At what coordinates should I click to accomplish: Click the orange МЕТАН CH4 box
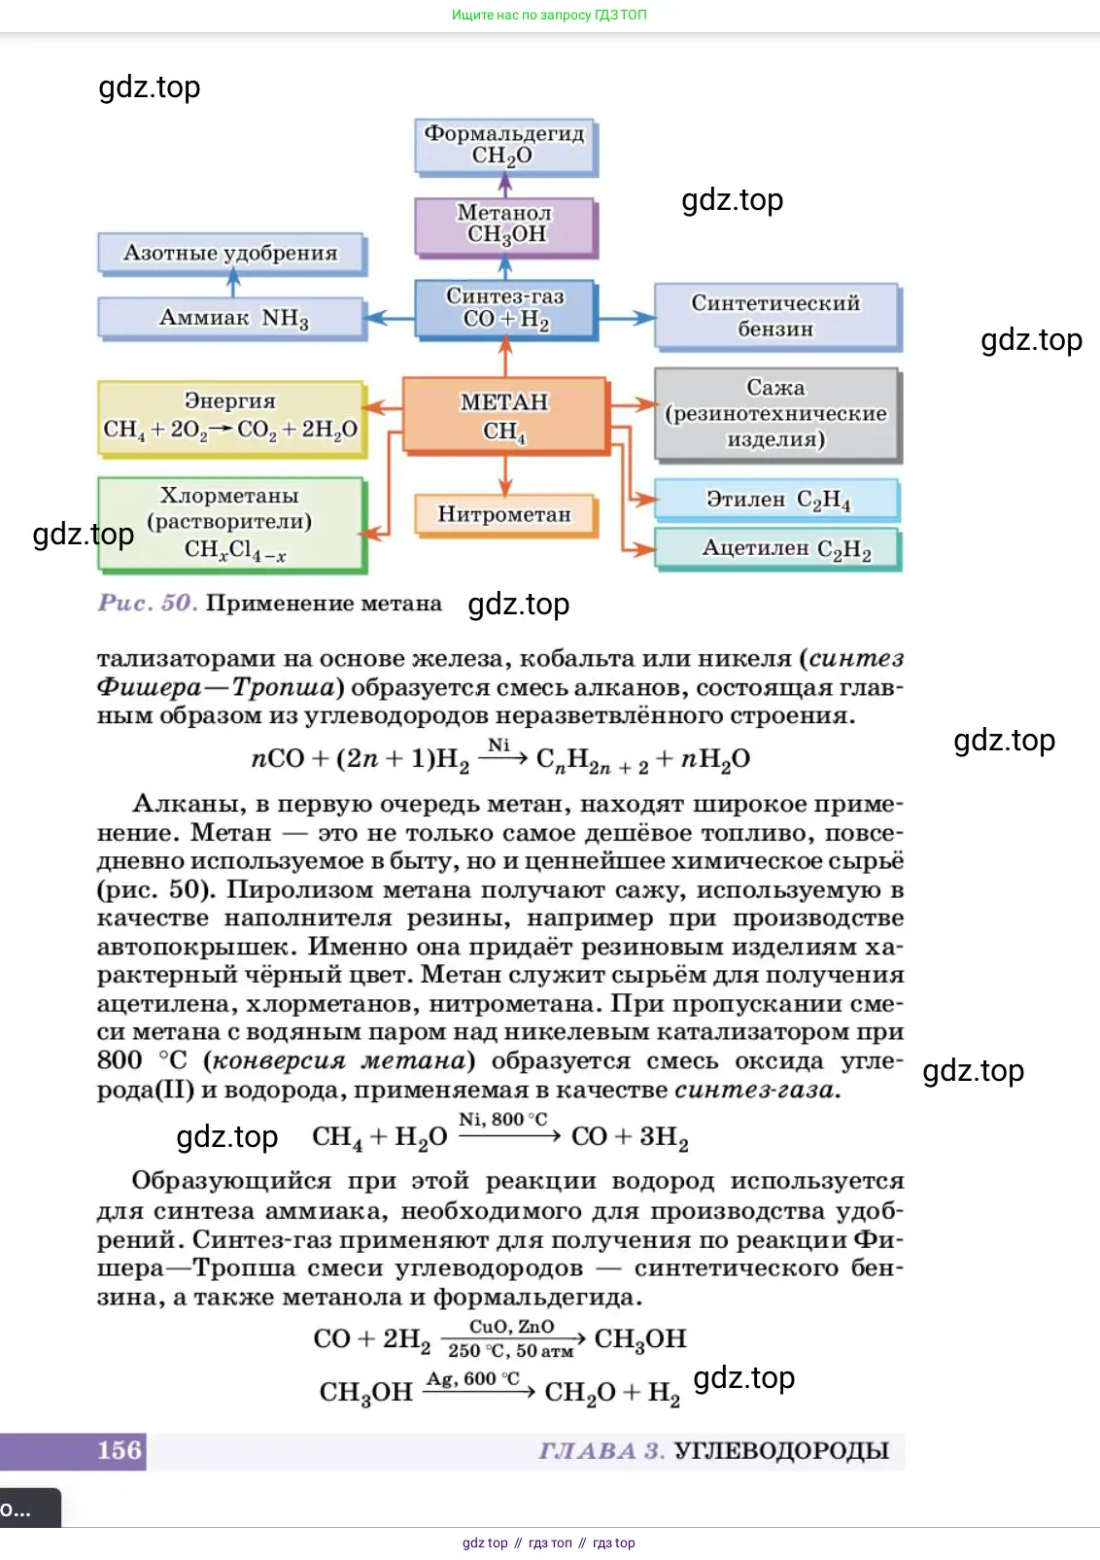coord(505,415)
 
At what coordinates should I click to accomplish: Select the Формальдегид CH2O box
coord(505,145)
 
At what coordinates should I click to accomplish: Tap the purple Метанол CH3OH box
coord(505,225)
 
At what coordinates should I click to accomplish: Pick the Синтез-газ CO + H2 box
coord(505,308)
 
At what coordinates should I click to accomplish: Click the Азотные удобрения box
coord(231,253)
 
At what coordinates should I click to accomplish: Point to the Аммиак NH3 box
coord(232,318)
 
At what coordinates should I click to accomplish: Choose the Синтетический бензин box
coord(775,315)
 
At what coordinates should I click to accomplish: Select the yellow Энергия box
coord(231,417)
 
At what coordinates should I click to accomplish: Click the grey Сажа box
coord(775,413)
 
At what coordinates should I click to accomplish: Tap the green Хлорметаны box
coord(230,522)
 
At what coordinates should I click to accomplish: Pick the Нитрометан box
coord(504,514)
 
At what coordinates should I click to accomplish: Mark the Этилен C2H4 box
coord(776,500)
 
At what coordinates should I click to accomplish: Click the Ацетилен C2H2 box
coord(776,548)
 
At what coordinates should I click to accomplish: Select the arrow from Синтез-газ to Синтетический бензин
coord(626,318)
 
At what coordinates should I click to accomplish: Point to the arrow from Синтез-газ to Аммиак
coord(390,317)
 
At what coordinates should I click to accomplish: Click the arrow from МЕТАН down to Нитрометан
coord(505,474)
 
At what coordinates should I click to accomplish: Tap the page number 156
coord(120,1450)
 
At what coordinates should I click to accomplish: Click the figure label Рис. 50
coord(147,603)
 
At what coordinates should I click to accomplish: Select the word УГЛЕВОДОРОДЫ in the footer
coord(781,1450)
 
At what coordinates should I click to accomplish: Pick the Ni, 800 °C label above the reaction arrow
coord(502,1119)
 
